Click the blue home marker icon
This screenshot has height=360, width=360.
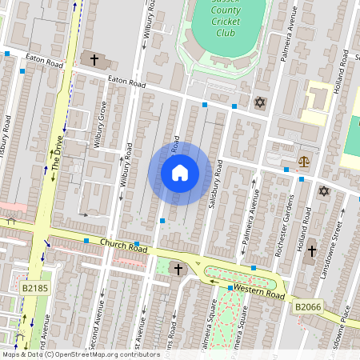180,173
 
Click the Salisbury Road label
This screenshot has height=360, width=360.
214,185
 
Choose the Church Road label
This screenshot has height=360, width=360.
124,246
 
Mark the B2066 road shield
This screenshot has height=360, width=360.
307,306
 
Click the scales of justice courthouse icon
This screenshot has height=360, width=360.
303,161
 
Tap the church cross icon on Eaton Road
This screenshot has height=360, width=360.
94,59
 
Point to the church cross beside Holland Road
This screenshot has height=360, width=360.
310,250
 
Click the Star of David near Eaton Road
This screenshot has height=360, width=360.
259,102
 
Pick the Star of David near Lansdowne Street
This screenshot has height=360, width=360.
324,191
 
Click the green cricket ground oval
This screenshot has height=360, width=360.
228,28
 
